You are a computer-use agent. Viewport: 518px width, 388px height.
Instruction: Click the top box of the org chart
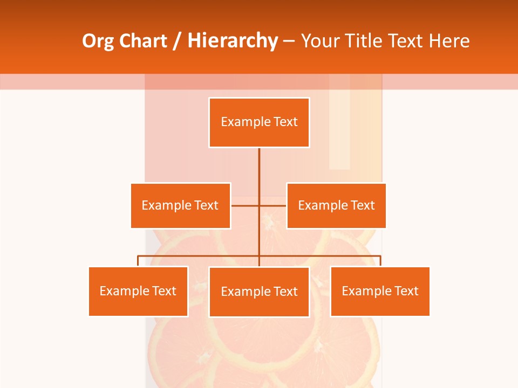[259, 122]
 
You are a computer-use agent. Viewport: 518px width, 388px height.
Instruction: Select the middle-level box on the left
[180, 205]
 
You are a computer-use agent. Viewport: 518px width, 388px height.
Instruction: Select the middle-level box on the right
[336, 205]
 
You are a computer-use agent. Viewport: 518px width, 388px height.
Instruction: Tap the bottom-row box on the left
[138, 291]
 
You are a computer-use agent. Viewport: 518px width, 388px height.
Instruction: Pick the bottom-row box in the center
[259, 292]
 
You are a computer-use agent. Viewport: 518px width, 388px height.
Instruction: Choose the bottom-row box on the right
[380, 291]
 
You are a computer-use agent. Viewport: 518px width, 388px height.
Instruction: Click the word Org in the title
[98, 41]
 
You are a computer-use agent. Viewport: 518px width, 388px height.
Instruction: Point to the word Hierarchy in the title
[233, 41]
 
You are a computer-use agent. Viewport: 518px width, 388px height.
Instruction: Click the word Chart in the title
[142, 41]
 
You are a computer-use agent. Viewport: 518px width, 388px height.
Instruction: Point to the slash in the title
[177, 41]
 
